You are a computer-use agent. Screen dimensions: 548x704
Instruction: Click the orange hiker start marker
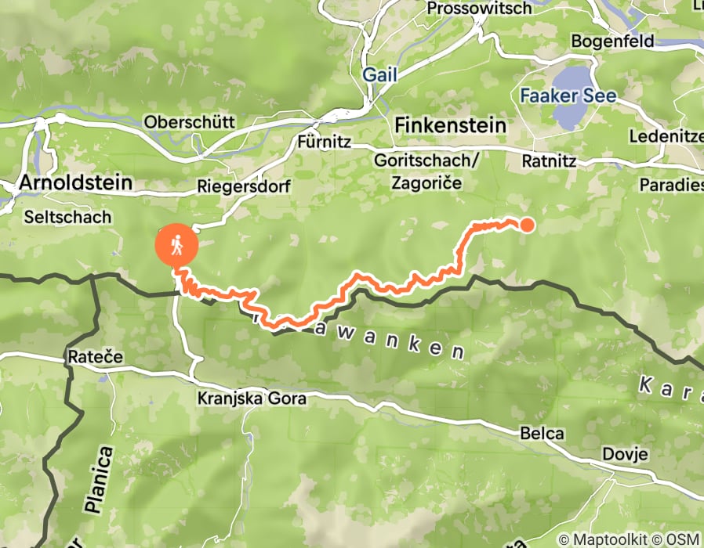[176, 245]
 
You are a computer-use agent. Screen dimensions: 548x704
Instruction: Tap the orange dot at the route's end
[527, 225]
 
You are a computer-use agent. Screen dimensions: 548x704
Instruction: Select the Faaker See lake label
[568, 97]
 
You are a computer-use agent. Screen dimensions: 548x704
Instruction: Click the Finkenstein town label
[450, 124]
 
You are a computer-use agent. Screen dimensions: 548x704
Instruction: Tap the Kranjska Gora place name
[251, 398]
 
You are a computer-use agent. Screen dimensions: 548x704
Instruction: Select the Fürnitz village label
[324, 143]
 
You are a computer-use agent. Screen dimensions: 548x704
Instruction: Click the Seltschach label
[68, 217]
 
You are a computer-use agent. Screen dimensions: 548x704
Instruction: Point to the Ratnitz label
[549, 162]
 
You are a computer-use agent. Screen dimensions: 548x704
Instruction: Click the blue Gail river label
[379, 76]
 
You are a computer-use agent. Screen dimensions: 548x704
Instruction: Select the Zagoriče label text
[427, 182]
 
